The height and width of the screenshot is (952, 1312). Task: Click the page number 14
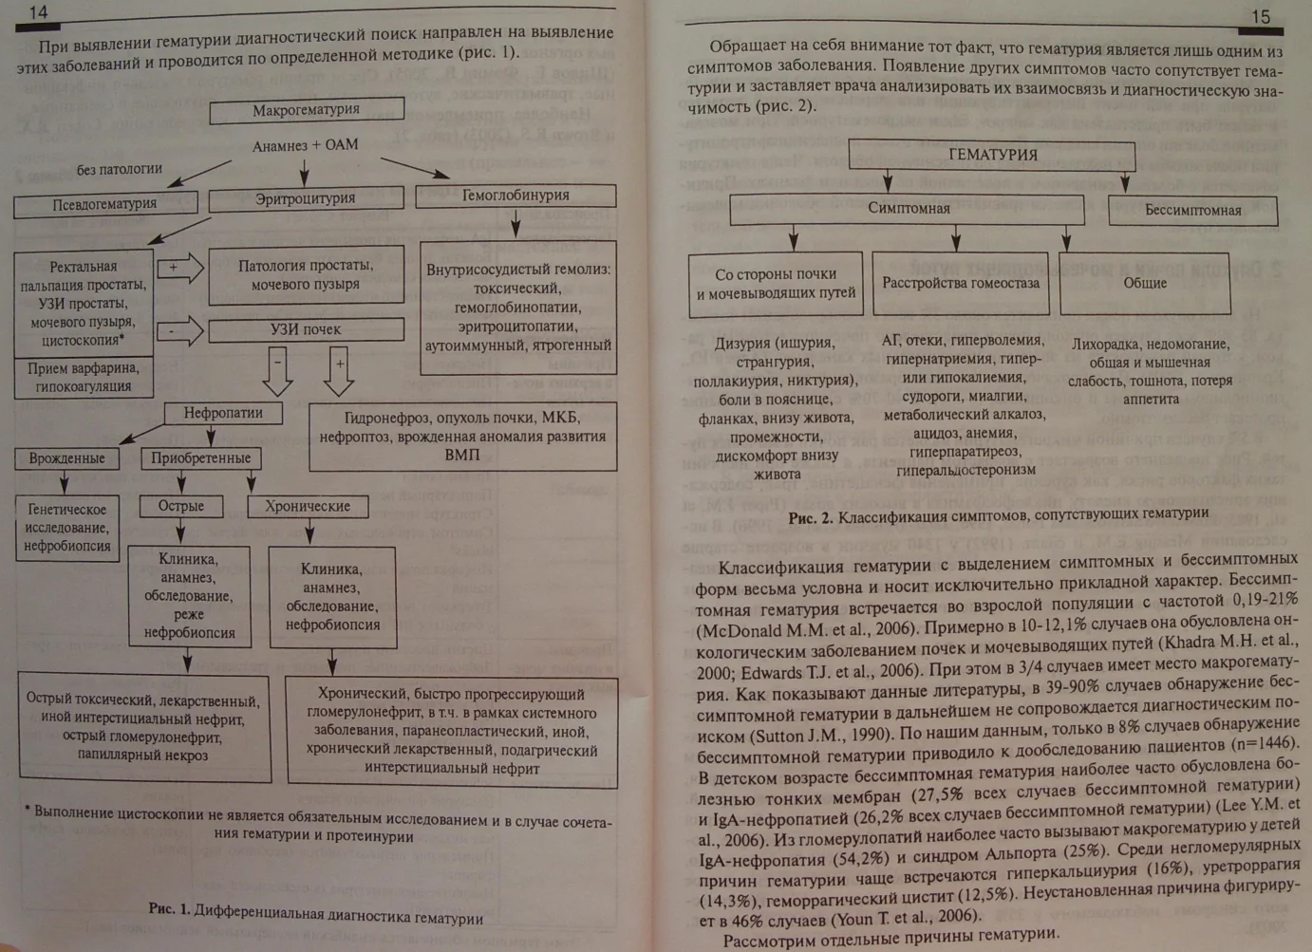click(38, 12)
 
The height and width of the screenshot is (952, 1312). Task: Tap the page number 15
click(1260, 16)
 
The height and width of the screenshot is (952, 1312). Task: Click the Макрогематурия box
click(306, 110)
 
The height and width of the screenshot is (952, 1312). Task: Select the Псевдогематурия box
click(104, 204)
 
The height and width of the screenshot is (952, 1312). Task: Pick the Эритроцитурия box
click(305, 198)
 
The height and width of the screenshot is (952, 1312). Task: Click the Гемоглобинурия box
click(515, 196)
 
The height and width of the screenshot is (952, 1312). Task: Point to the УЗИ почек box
click(305, 329)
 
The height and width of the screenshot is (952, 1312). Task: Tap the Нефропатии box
click(223, 413)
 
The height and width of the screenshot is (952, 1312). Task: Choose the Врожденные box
click(66, 457)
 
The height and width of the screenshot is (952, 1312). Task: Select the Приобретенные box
click(200, 457)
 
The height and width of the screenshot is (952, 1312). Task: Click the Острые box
click(180, 506)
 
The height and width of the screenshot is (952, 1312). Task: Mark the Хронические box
click(307, 506)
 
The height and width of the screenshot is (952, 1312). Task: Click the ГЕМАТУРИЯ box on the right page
click(992, 155)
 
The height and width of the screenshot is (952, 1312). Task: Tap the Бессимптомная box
click(1192, 210)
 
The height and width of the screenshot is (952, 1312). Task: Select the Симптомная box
click(908, 209)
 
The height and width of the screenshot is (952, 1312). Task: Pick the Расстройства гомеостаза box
click(960, 283)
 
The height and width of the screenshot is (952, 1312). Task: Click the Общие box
click(1144, 283)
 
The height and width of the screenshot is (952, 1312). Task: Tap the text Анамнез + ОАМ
click(305, 146)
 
